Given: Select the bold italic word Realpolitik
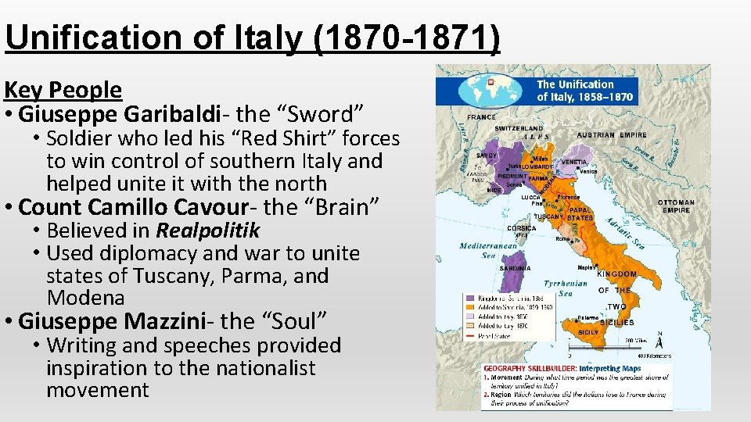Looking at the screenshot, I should pos(207,231).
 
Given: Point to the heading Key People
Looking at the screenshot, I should pos(63,90).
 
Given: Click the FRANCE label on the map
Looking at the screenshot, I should pos(482,117).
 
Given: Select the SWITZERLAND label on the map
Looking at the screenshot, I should pos(519,128).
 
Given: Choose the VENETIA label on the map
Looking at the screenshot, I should pos(574,162).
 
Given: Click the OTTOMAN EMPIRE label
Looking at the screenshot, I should pos(675,206).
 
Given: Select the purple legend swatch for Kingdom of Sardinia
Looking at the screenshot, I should pos(469,298).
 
